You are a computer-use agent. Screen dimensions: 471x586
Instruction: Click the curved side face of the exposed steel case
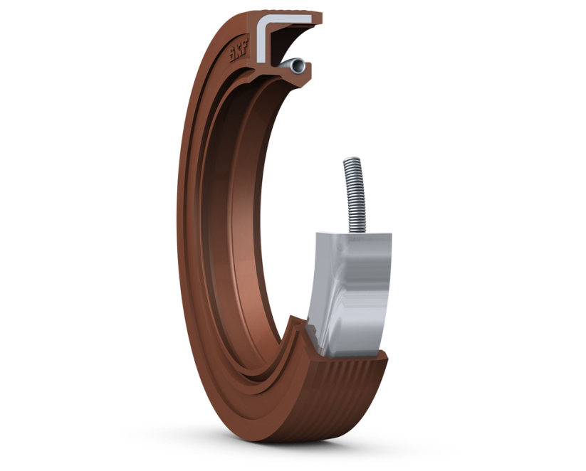click(352, 299)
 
